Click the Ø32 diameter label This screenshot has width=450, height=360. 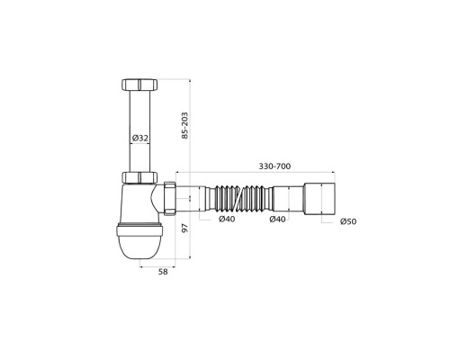tap(140, 138)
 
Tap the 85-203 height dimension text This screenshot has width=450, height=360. tap(185, 125)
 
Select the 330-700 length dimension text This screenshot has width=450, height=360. tap(274, 166)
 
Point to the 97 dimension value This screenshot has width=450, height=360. tap(185, 228)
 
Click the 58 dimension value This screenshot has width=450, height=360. tap(163, 272)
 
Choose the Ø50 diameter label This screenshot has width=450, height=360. tap(348, 221)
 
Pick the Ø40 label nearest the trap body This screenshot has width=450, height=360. tap(227, 220)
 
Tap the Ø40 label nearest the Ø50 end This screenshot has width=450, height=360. tap(277, 220)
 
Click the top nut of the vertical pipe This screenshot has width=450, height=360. tap(139, 85)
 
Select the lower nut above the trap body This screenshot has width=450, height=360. tap(139, 177)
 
